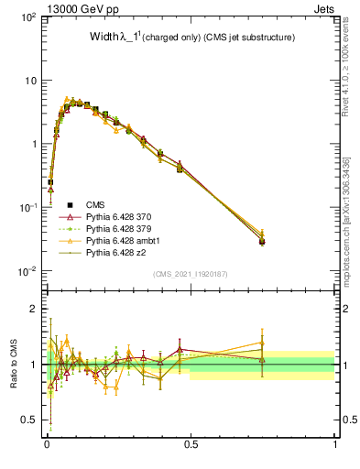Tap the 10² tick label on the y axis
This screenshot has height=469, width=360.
[x=27, y=17]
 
